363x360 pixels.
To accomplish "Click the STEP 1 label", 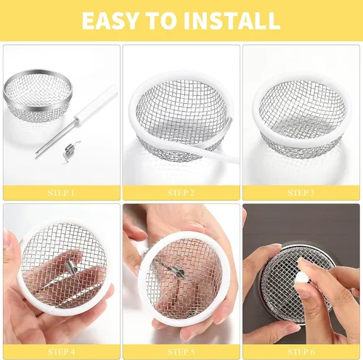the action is [61, 193].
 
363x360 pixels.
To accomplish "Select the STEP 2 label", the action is [181, 193].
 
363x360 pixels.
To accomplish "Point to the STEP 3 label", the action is [301, 193].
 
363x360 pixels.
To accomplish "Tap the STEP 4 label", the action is [61, 352].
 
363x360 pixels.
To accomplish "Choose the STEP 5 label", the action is [181, 352].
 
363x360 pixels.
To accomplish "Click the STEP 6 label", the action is [301, 352].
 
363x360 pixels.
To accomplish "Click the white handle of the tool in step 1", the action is [97, 104].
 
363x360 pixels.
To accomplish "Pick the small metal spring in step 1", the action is [71, 150].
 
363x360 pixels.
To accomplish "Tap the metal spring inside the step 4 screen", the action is [71, 268].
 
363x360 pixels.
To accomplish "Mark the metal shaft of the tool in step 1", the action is [56, 137].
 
